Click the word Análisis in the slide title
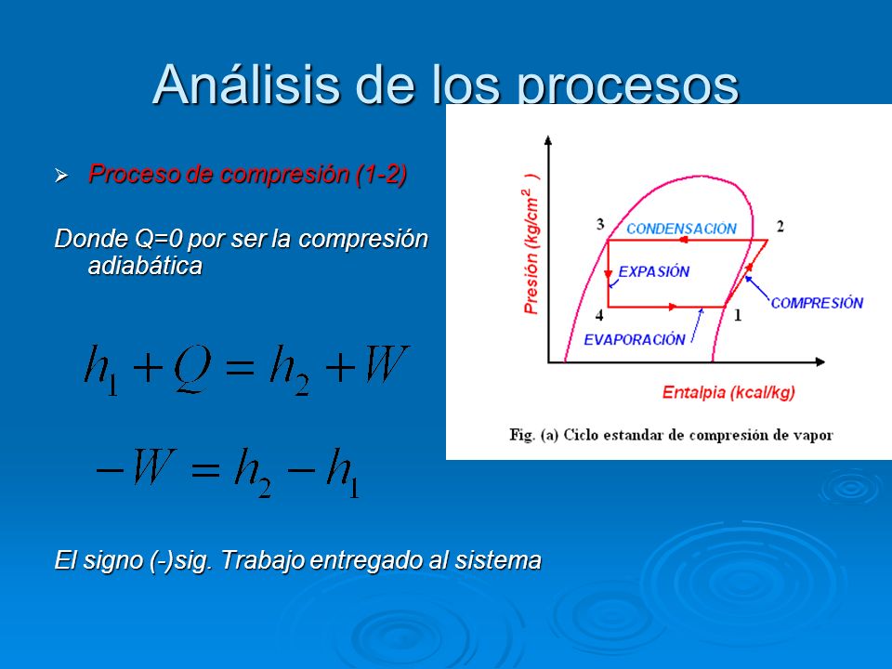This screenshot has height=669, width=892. pos(247,85)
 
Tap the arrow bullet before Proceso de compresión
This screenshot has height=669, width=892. pos(61,176)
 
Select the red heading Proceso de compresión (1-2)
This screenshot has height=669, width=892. pos(247,174)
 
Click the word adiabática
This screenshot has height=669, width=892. pos(145,266)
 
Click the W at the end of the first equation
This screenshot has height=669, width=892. pos(387,364)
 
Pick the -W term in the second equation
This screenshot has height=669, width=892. pos(137,466)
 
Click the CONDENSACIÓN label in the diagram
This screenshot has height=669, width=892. pos(681,229)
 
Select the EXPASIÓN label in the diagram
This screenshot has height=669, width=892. pos(653,272)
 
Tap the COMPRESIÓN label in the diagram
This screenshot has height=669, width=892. pos(817,303)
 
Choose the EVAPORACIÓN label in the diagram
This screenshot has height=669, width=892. pos(635,340)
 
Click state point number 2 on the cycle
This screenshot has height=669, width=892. pos(780,227)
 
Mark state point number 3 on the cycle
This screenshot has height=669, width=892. pos(600,224)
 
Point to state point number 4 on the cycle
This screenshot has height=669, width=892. pos(599,315)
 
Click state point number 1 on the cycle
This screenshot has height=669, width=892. pos(738,315)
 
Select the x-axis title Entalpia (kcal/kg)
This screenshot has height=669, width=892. pos(728,392)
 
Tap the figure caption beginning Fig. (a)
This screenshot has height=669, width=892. pos(671,435)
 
